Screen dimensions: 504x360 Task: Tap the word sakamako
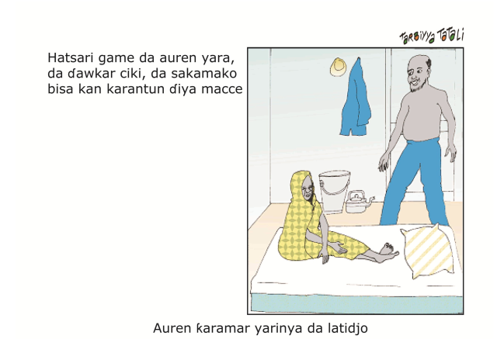(203, 74)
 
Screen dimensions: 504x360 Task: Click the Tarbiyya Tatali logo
(432, 36)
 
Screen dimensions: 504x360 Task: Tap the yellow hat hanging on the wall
(338, 67)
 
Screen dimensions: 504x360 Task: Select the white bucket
(334, 191)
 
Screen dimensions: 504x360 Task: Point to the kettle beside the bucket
(358, 202)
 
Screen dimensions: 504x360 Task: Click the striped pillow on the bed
(427, 251)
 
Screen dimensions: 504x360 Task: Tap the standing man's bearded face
(417, 74)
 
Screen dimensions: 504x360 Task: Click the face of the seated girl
(308, 189)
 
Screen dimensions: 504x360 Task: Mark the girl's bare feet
(387, 252)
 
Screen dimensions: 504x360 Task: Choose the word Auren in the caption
(172, 328)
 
